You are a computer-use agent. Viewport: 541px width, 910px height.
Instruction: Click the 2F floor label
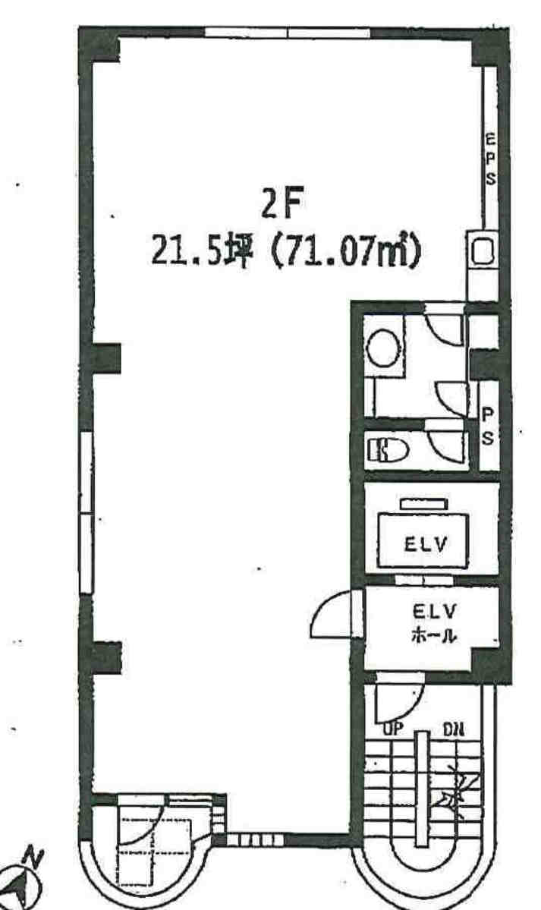[x=283, y=205]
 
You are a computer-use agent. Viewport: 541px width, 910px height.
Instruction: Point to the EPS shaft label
[x=491, y=159]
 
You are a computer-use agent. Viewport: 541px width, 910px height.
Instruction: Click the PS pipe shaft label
[x=488, y=426]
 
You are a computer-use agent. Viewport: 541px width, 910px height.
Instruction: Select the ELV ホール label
[x=434, y=622]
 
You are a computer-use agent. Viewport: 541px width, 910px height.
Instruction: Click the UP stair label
[x=393, y=729]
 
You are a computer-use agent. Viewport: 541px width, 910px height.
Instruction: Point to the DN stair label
[x=453, y=729]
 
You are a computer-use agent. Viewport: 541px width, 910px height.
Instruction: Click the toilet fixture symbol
[x=387, y=450]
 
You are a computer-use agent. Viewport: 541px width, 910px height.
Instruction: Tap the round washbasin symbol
[x=384, y=348]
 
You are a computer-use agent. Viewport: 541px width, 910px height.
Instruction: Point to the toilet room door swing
[x=446, y=444]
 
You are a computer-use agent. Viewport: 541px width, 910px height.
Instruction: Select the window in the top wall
[x=288, y=33]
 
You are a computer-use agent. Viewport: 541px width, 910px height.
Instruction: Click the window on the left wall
[x=86, y=512]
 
